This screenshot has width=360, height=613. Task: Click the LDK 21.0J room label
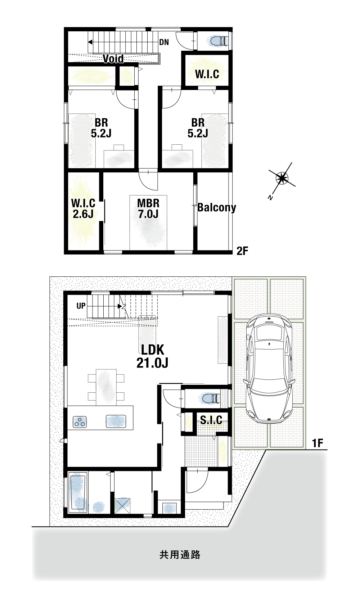click(x=152, y=356)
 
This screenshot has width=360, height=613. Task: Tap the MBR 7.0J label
click(x=148, y=208)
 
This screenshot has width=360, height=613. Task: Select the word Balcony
click(x=217, y=207)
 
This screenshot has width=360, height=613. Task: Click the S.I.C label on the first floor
click(x=211, y=419)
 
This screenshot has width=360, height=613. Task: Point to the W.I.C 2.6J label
click(x=83, y=208)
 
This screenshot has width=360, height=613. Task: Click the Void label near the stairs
click(x=113, y=59)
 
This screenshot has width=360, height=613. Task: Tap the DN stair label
click(x=164, y=42)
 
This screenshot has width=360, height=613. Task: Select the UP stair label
click(x=81, y=306)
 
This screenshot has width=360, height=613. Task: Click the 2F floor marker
click(x=242, y=251)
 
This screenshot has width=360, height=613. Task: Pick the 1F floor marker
click(x=318, y=443)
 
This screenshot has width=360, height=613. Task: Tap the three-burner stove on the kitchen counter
click(x=80, y=422)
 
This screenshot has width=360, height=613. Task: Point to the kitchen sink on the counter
click(x=116, y=422)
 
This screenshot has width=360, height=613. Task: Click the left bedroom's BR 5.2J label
click(x=101, y=127)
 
